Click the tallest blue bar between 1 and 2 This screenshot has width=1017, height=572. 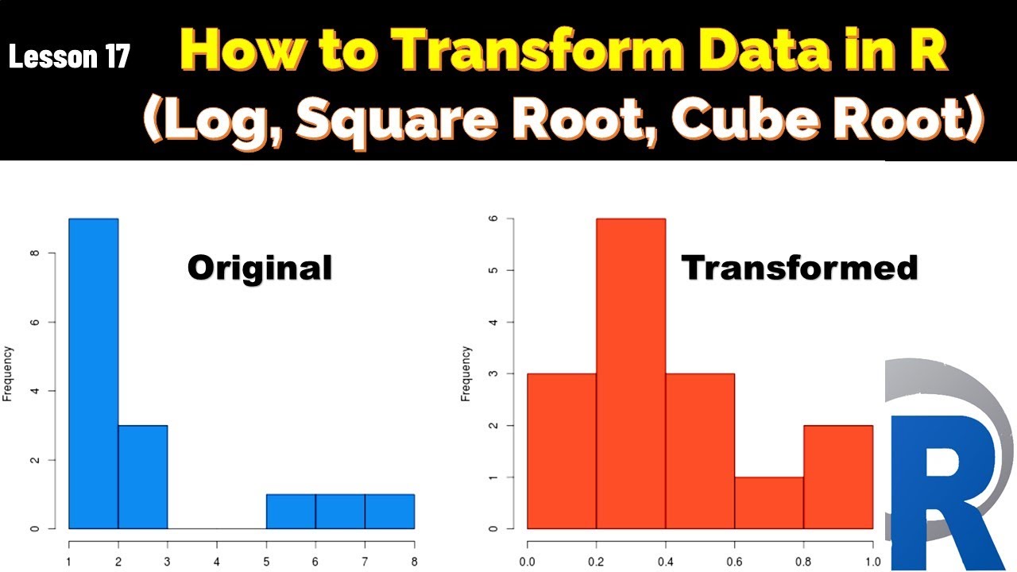pos(94,373)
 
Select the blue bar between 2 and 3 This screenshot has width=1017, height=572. pos(143,477)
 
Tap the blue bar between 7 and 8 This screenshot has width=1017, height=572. pos(389,511)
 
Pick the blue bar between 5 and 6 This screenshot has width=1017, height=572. pos(291,511)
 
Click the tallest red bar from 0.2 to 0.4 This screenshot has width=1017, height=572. pos(631,373)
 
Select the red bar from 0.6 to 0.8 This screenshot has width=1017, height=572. pos(769,503)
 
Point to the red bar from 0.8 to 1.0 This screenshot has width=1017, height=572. pos(838,477)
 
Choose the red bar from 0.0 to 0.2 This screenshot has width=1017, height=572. pos(562,450)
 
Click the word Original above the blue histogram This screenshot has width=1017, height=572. pos(260,269)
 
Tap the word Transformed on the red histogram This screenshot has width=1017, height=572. pos(799,269)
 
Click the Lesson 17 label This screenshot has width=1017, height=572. pos(69,57)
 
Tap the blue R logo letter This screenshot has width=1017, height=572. pos(945,493)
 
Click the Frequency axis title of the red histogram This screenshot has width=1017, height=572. pos(466,373)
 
